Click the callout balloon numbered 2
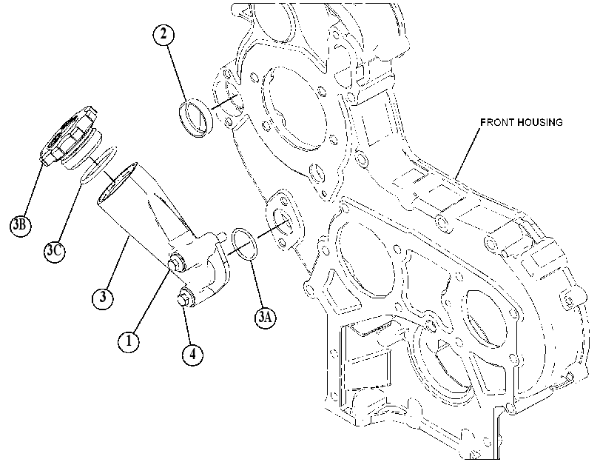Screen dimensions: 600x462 pyautogui.click(x=164, y=35)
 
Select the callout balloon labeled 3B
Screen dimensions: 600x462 pyautogui.click(x=20, y=225)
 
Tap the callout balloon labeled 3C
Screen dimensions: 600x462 pyautogui.click(x=54, y=251)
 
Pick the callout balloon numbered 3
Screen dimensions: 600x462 pyautogui.click(x=103, y=297)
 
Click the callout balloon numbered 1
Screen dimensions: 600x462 pyautogui.click(x=129, y=341)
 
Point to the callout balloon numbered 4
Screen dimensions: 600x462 pyautogui.click(x=192, y=355)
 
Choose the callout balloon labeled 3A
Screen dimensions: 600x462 pyautogui.click(x=266, y=317)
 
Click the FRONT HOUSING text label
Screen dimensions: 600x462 pyautogui.click(x=522, y=122)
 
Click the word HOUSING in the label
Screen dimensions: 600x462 pyautogui.click(x=540, y=122)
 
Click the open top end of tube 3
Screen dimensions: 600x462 pyautogui.click(x=117, y=183)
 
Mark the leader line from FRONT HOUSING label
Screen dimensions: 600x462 pyautogui.click(x=468, y=153)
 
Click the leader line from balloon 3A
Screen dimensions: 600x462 pyautogui.click(x=257, y=283)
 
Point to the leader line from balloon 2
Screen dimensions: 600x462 pyautogui.click(x=177, y=73)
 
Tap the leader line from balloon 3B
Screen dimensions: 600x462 pyautogui.click(x=33, y=190)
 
